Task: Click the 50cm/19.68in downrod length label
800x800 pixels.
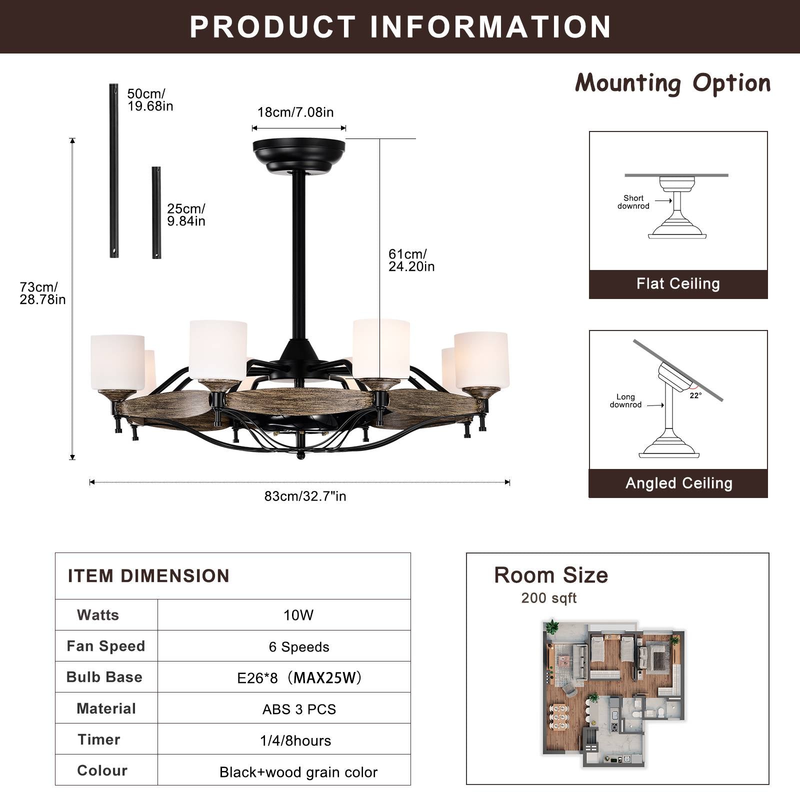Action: [x=149, y=100]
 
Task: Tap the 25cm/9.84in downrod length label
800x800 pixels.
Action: [x=186, y=215]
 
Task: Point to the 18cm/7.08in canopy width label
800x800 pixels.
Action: [x=295, y=112]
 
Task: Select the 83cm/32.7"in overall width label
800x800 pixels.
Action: [x=305, y=496]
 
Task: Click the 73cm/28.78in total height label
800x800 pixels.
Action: [x=42, y=293]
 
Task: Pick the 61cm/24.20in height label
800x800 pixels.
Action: [x=411, y=260]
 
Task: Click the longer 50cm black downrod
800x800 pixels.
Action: [x=114, y=170]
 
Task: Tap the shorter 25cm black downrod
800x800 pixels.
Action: [x=156, y=212]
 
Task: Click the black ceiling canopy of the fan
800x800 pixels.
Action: [x=299, y=154]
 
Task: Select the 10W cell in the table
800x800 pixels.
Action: [x=298, y=615]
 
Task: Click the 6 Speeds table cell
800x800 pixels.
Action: [x=299, y=646]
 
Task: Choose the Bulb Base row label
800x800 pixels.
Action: [x=104, y=677]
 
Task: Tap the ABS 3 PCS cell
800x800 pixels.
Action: [x=299, y=709]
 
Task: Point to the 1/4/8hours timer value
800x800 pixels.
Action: [x=295, y=740]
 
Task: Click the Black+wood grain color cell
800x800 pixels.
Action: [x=298, y=772]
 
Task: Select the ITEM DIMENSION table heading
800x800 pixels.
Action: [x=148, y=576]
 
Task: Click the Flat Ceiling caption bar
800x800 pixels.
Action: [x=678, y=284]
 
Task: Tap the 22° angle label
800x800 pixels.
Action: [x=695, y=395]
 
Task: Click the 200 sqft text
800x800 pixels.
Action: [x=548, y=598]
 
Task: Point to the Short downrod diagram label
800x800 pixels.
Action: [x=633, y=202]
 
